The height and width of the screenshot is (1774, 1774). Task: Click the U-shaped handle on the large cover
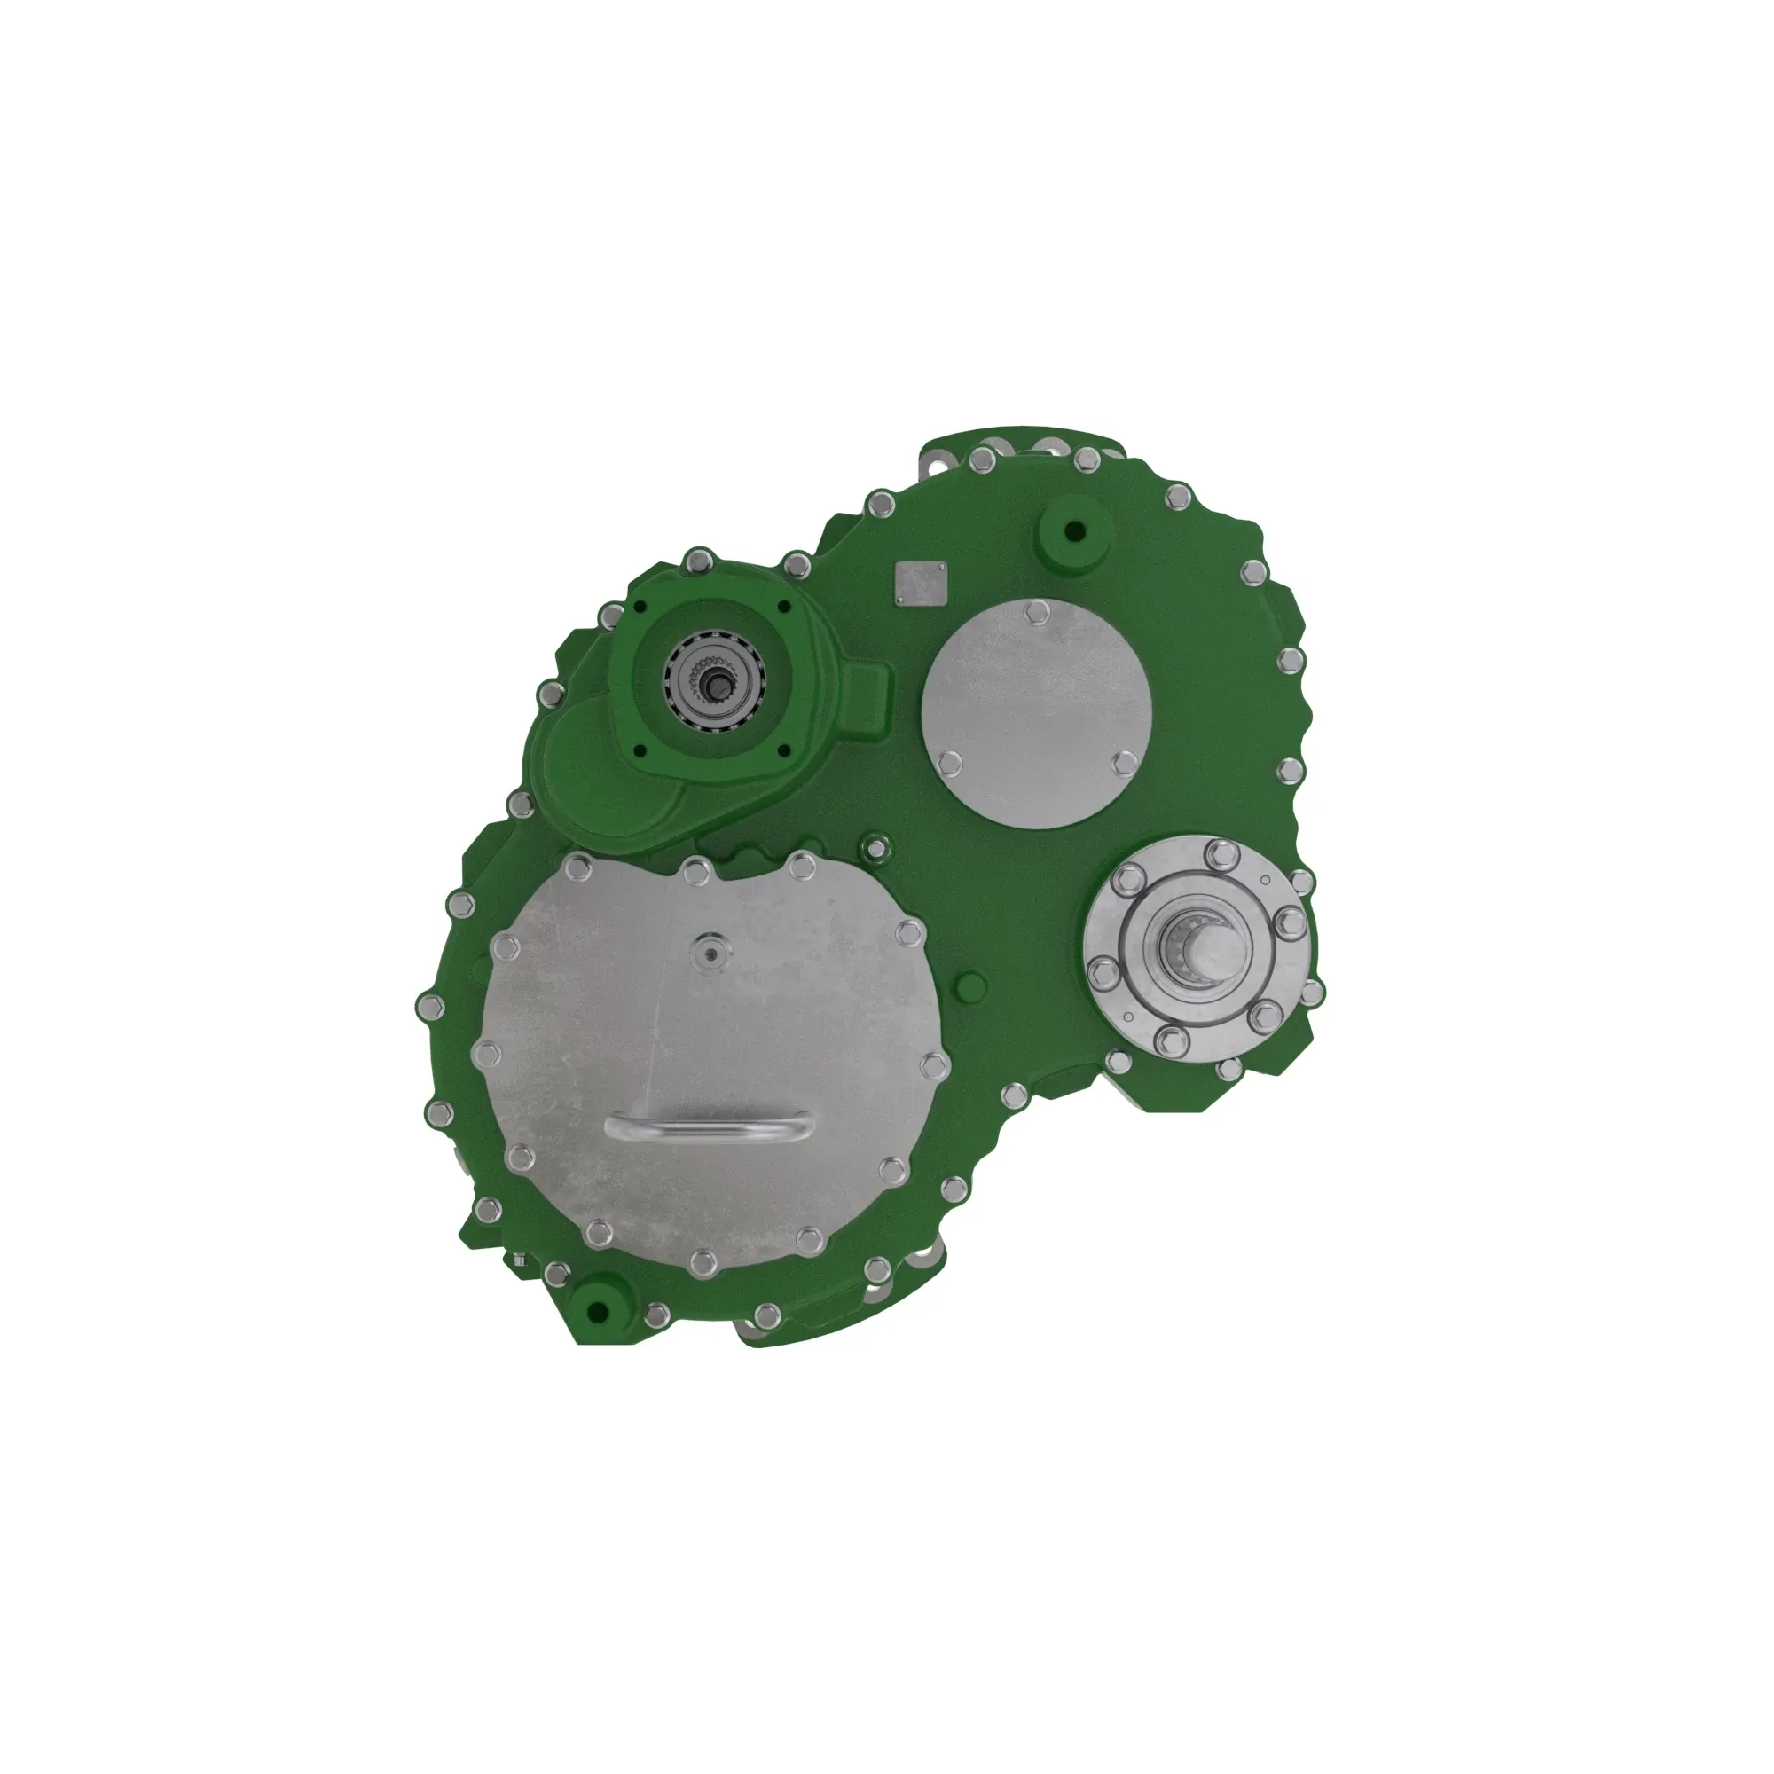[708, 1125]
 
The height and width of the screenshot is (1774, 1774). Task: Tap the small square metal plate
[920, 582]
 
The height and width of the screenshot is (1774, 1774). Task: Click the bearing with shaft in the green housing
[713, 680]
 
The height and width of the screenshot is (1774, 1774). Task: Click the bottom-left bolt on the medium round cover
[951, 761]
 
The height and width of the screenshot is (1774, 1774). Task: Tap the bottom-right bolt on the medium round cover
[1124, 762]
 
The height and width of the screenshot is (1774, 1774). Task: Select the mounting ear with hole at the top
[938, 466]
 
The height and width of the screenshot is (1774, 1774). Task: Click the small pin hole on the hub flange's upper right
[1267, 880]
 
